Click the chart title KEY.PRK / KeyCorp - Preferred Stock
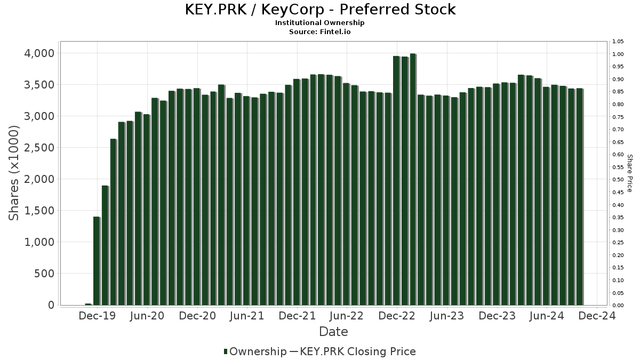pyautogui.click(x=320, y=10)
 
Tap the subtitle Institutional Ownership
pyautogui.click(x=320, y=23)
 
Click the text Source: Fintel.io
pyautogui.click(x=320, y=31)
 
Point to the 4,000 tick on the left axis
pyautogui.click(x=39, y=53)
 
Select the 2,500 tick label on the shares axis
pyautogui.click(x=39, y=148)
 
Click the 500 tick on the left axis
pyautogui.click(x=44, y=274)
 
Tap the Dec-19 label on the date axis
pyautogui.click(x=97, y=316)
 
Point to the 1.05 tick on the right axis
pyautogui.click(x=618, y=42)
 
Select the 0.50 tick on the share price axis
pyautogui.click(x=618, y=180)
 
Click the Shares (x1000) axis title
pyautogui.click(x=14, y=173)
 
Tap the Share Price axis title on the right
pyautogui.click(x=629, y=173)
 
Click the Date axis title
pyautogui.click(x=333, y=332)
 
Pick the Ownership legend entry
pyautogui.click(x=255, y=351)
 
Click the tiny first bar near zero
pyautogui.click(x=88, y=304)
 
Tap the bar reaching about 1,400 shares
pyautogui.click(x=97, y=261)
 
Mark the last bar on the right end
pyautogui.click(x=580, y=197)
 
